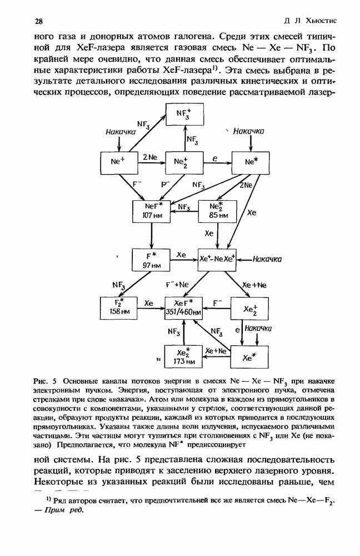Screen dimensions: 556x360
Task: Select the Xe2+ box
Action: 249,307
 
